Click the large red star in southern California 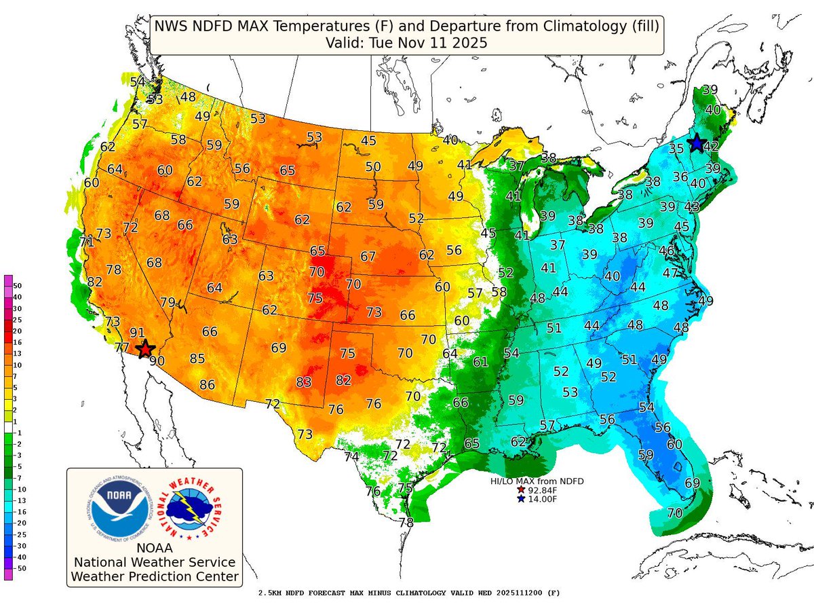tap(144, 349)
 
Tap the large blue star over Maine tap(696, 143)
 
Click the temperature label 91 tap(138, 333)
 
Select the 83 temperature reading tap(304, 382)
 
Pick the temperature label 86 tap(207, 385)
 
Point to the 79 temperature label tap(168, 302)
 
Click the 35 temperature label tap(676, 149)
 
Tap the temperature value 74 tap(351, 457)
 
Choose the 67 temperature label tap(368, 257)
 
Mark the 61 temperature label tap(480, 362)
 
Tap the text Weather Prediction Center tap(155, 577)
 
